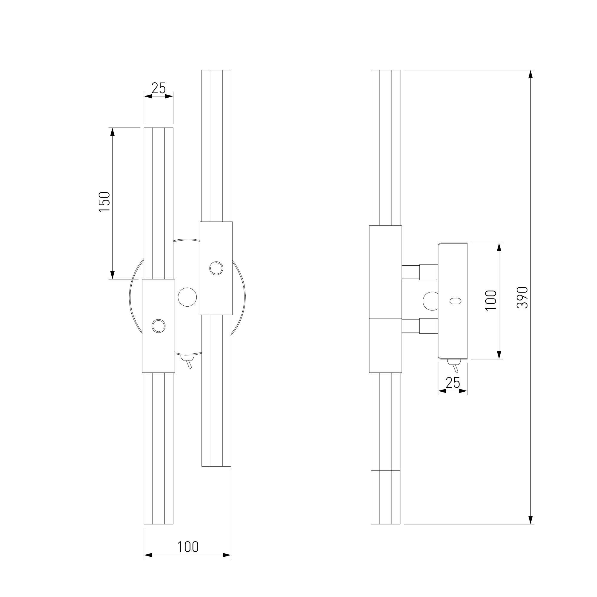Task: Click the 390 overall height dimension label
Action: point(523,298)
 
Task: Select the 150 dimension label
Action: point(104,202)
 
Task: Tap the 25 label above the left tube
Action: point(159,88)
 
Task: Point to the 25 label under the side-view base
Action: point(453,383)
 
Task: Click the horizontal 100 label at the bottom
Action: point(187,547)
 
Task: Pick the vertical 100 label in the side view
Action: point(491,300)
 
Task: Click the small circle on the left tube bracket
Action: point(159,326)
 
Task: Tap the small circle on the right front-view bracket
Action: point(216,268)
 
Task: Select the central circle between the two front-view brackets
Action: point(187,297)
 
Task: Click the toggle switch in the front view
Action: point(188,361)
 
